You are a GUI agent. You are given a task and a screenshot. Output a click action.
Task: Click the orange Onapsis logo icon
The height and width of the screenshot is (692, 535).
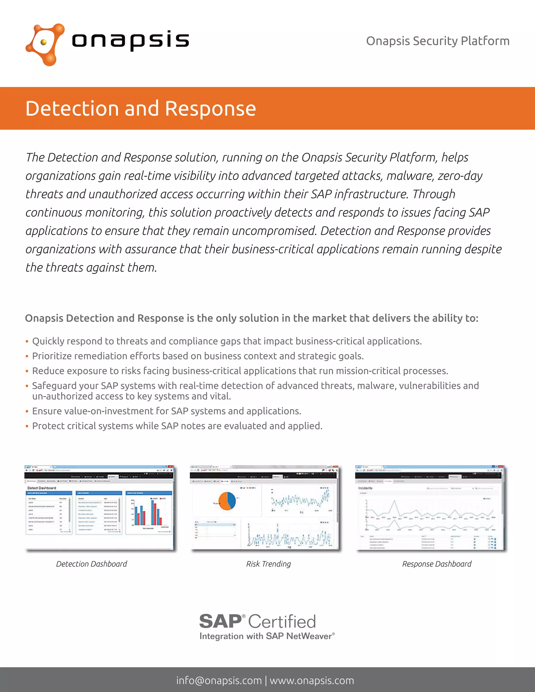tap(45, 44)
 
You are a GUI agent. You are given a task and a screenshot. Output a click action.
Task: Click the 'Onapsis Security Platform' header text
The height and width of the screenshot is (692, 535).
tap(438, 41)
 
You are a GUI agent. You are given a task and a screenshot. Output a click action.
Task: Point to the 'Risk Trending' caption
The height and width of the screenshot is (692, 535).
tap(269, 564)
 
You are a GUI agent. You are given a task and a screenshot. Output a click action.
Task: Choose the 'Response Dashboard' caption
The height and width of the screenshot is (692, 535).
tap(437, 564)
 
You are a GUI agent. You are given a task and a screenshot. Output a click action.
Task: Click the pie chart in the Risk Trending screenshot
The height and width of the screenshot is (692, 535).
tap(227, 501)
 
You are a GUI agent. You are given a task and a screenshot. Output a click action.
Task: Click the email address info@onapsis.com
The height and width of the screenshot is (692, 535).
tap(219, 681)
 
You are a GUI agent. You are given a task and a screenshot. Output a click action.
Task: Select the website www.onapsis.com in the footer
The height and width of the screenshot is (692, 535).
tap(312, 681)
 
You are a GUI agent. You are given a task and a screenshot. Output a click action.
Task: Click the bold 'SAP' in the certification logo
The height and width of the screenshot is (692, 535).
tap(220, 621)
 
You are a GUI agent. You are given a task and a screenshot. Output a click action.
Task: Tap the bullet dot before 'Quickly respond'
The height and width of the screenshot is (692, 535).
tap(27, 342)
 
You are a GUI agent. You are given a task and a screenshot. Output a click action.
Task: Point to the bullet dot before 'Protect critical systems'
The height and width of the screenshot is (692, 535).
tap(27, 426)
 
